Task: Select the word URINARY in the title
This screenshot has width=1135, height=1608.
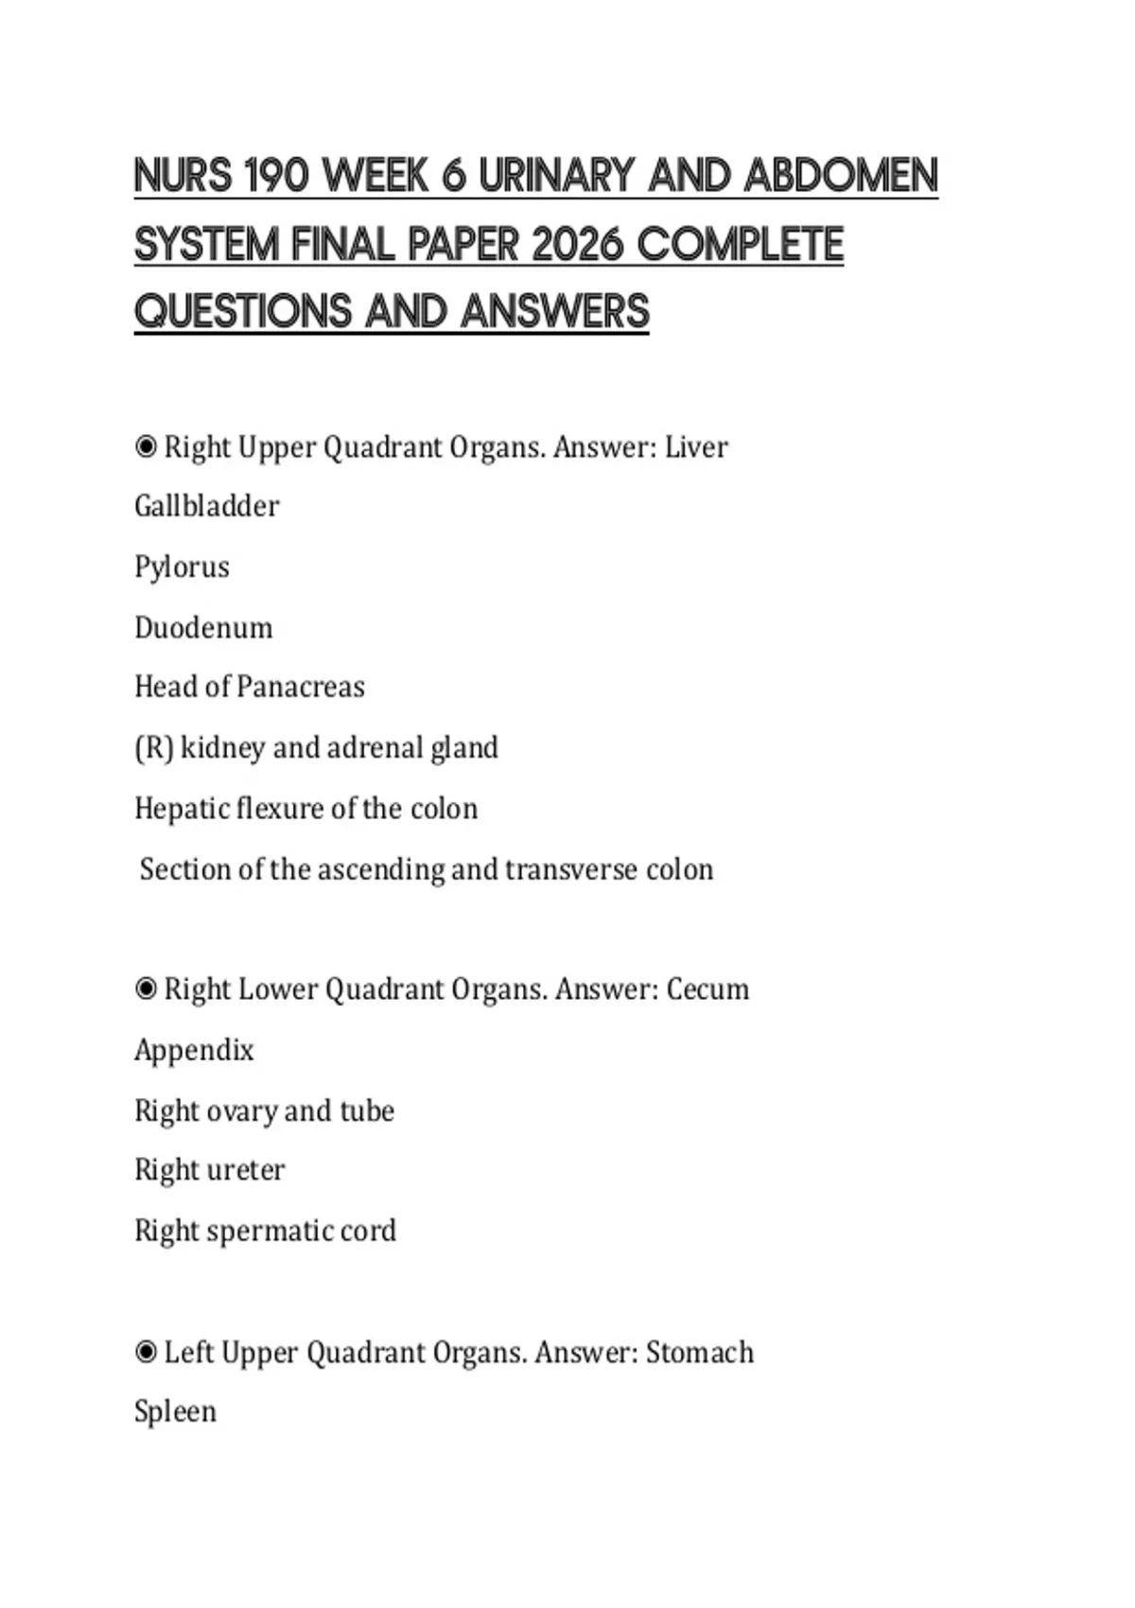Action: [556, 176]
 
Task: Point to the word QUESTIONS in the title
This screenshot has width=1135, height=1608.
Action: [242, 312]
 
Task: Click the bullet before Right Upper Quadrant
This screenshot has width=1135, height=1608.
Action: [146, 446]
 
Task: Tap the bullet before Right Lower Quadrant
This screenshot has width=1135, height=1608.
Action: [146, 989]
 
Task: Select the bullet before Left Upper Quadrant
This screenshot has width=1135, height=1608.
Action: [146, 1353]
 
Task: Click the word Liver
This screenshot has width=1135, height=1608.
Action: [696, 446]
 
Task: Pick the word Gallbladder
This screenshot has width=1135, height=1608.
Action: [206, 506]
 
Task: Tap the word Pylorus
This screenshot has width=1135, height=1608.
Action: [182, 568]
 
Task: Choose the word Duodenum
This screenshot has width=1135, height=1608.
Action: [203, 627]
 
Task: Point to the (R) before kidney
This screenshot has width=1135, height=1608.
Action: [153, 748]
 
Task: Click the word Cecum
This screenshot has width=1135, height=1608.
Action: [707, 989]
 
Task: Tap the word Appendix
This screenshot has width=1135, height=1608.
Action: [194, 1050]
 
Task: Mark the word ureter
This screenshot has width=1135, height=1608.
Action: [248, 1170]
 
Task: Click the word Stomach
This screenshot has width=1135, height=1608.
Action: [700, 1353]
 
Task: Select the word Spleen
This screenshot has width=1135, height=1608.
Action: [175, 1411]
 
